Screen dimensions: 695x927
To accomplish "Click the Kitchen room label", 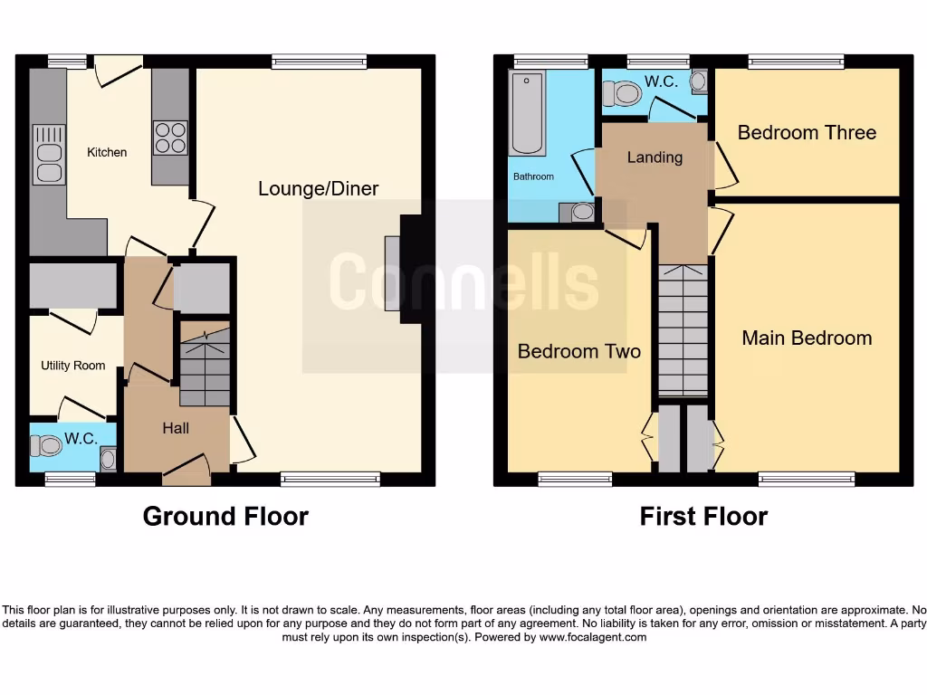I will tap(107, 152).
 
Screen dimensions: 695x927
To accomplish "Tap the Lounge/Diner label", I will tap(318, 188).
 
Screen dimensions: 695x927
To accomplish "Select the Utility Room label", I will tap(72, 366).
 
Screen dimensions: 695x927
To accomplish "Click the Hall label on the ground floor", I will tap(176, 428).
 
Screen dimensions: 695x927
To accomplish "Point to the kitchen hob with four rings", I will tap(170, 138).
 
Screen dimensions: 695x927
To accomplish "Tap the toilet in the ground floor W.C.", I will tap(43, 446).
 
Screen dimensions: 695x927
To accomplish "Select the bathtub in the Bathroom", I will tap(526, 115).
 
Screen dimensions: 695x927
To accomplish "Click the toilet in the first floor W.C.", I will tap(622, 92).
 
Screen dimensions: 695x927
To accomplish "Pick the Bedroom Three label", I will tap(807, 132).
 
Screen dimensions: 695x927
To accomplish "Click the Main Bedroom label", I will tap(807, 338).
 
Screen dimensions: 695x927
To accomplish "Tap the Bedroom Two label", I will tap(578, 351).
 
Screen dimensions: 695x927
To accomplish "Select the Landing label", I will tap(655, 157).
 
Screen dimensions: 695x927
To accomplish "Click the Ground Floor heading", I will tap(225, 516).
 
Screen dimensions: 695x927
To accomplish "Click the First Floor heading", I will tap(703, 516).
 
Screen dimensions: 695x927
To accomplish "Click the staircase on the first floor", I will tap(683, 330).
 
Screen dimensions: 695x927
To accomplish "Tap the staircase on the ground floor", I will tap(205, 367).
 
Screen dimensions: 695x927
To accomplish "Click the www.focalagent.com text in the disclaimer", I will tap(593, 637).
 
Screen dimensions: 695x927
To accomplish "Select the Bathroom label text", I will tap(533, 176).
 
